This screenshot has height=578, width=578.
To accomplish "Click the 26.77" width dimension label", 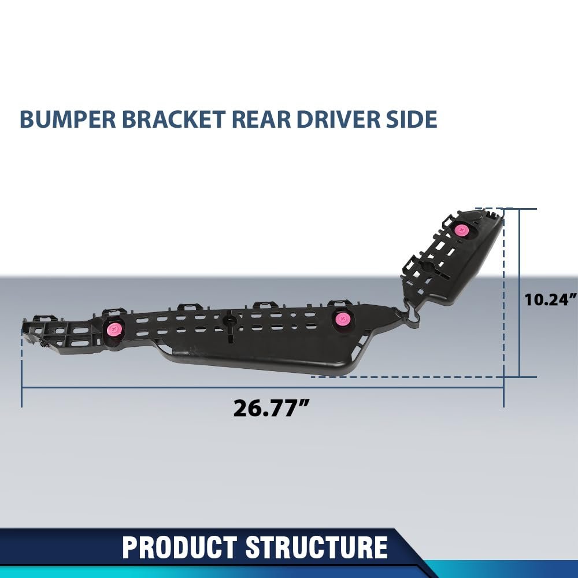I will [x=269, y=407].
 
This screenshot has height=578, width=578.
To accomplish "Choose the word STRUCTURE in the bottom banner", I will [x=317, y=547].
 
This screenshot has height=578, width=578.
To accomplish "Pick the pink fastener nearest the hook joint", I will [x=342, y=318].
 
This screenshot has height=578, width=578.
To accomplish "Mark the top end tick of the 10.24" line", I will [x=520, y=209].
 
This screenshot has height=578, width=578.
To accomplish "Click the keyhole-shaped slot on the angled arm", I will [x=429, y=267].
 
